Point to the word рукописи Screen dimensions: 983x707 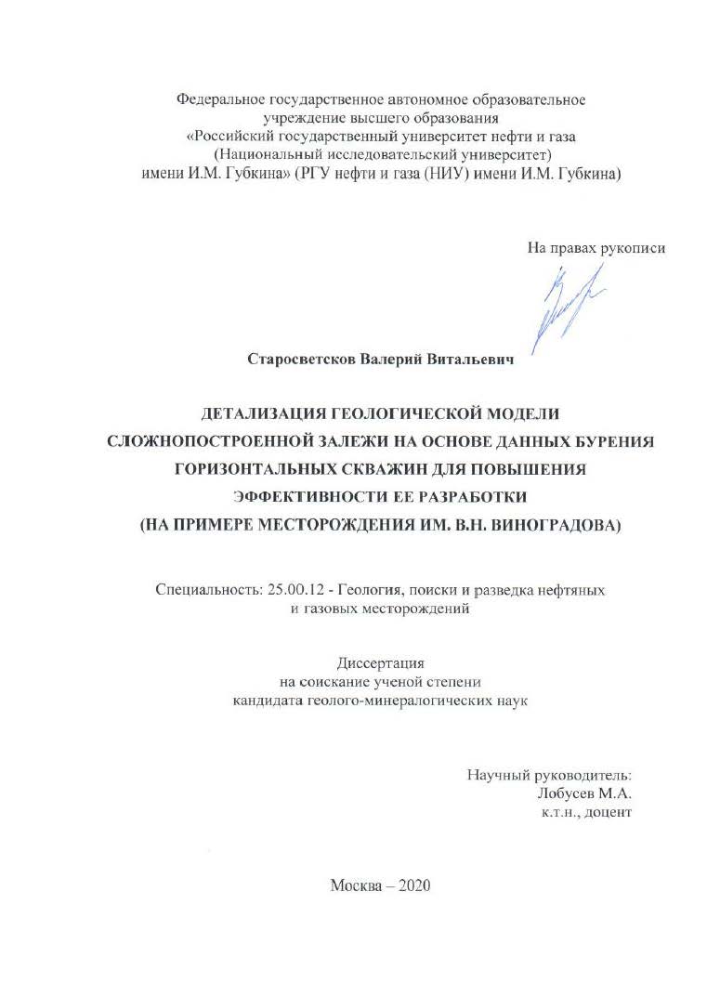[x=634, y=247]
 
